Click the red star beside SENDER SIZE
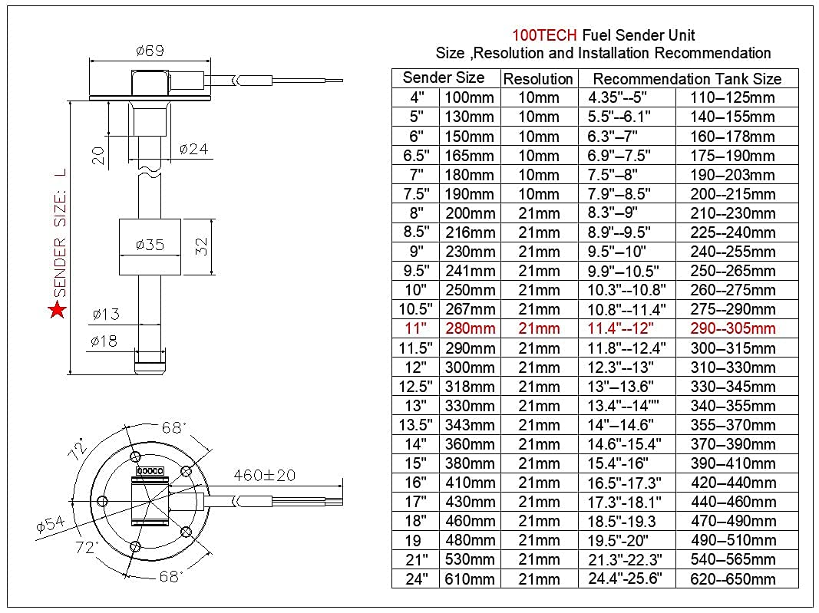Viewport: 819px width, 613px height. tap(57, 311)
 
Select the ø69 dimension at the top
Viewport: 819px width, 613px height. tap(150, 51)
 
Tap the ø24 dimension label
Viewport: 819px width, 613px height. tap(193, 149)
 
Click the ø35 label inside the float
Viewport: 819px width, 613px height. tap(150, 246)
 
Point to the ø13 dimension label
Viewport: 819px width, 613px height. tap(104, 314)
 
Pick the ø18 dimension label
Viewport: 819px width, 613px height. tap(104, 341)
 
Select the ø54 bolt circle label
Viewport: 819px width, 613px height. tap(51, 527)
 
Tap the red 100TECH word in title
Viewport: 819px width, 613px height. tap(544, 35)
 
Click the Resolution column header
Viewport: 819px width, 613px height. tap(538, 79)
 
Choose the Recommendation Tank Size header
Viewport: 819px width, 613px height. tap(687, 79)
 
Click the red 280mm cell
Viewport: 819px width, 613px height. tap(470, 329)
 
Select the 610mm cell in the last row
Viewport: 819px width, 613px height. tap(470, 579)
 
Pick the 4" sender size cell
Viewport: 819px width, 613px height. tap(415, 97)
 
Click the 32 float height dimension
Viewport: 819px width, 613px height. tap(203, 247)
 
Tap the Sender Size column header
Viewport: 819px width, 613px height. tap(444, 77)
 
